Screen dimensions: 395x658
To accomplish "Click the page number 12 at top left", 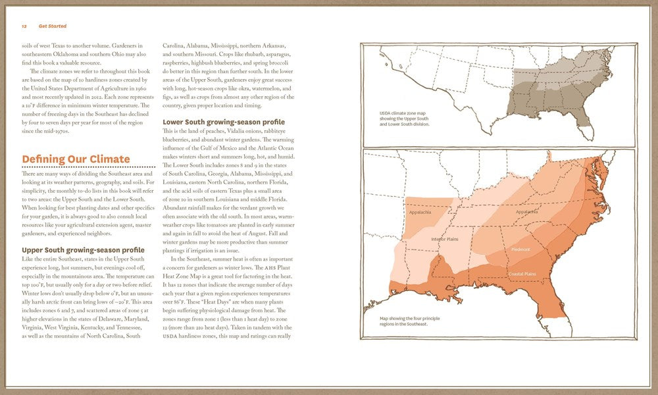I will coord(23,26).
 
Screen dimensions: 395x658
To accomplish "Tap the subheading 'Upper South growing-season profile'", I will coord(83,250).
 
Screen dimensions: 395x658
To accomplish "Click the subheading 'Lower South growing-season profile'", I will coord(224,122).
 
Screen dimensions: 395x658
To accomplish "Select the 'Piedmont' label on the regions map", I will coord(520,250).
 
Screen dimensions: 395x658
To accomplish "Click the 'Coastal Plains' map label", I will coord(522,273).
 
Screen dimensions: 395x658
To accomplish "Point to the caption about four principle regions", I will coord(404,321).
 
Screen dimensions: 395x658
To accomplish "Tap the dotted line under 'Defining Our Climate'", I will coord(88,167).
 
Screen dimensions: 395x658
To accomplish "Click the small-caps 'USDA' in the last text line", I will coord(170,336).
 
